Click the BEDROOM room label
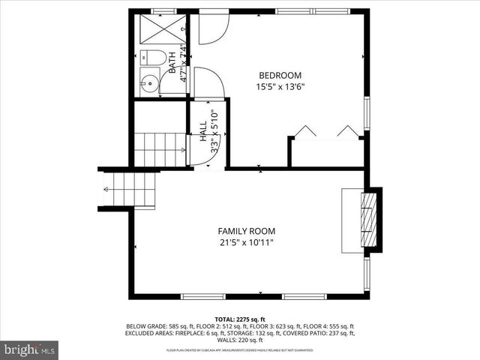pyautogui.click(x=280, y=75)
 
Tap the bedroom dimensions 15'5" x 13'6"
pyautogui.click(x=280, y=86)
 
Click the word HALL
pyautogui.click(x=203, y=131)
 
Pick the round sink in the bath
pyautogui.click(x=150, y=82)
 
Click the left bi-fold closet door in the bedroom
pyautogui.click(x=304, y=132)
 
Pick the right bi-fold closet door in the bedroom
pyautogui.click(x=348, y=132)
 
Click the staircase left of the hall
pyautogui.click(x=159, y=148)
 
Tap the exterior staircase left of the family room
pyautogui.click(x=129, y=190)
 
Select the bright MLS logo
pyautogui.click(x=30, y=349)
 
